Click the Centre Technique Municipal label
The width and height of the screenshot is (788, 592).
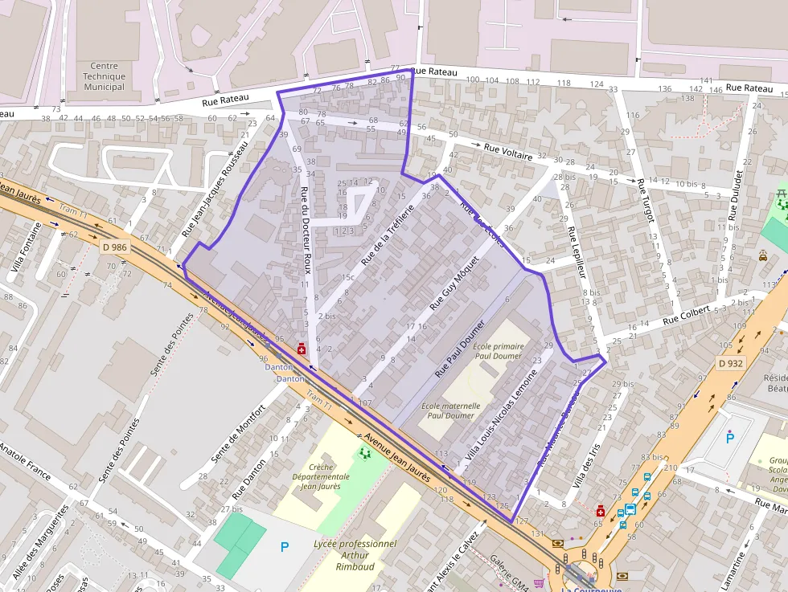coord(104,76)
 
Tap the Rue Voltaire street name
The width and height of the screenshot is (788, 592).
coord(508,151)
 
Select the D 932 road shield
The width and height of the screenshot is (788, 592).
coord(731,363)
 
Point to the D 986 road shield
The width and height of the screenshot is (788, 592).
coord(115,247)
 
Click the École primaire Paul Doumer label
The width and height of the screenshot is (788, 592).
coord(499,351)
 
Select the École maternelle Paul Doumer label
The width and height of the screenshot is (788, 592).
coord(451,410)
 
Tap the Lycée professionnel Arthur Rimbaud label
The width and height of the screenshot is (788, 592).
coord(355,555)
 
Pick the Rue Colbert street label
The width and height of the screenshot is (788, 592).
coord(686,312)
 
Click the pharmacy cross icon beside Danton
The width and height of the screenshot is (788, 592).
coord(302,349)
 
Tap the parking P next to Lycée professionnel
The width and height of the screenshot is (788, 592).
coord(284,547)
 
